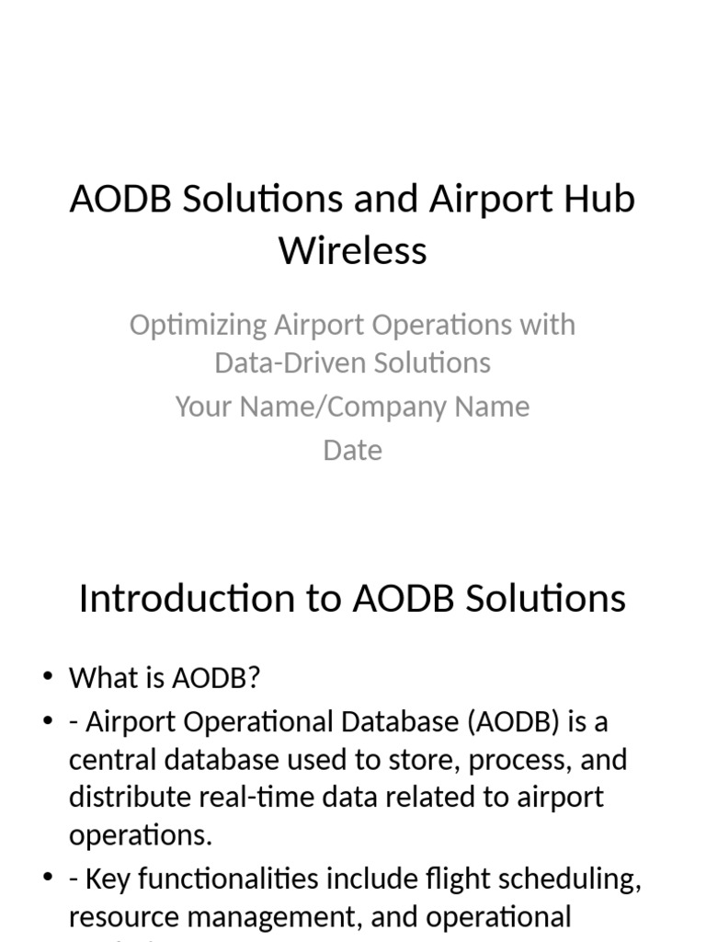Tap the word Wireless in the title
(x=353, y=249)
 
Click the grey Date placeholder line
(x=353, y=450)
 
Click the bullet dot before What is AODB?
(x=48, y=678)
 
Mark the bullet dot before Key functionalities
(x=48, y=879)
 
